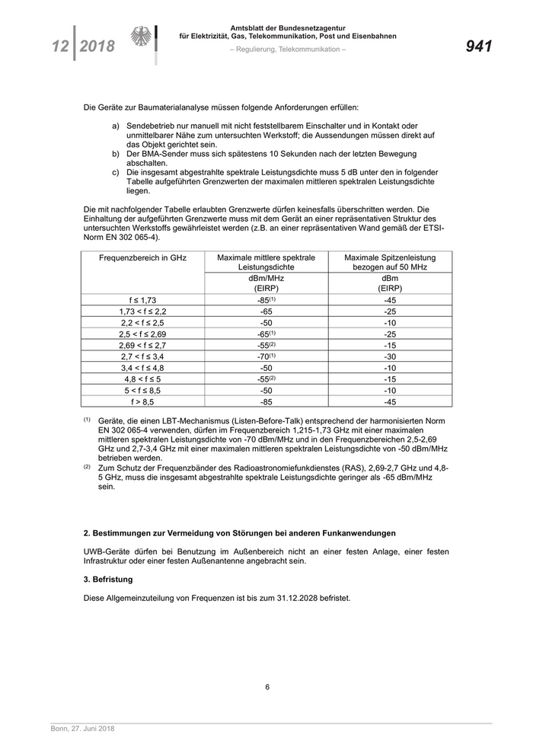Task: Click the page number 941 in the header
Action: coord(478,46)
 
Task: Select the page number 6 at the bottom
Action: coord(267,686)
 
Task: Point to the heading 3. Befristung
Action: coord(108,579)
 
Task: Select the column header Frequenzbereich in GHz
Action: coord(142,258)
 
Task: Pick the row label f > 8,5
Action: coord(142,401)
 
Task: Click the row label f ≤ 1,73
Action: coord(142,300)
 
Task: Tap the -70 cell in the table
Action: coord(264,356)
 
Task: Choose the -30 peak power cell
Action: coord(390,356)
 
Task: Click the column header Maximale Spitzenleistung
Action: coord(390,258)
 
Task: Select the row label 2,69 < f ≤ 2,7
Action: coord(142,345)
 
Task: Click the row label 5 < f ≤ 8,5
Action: coord(142,390)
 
